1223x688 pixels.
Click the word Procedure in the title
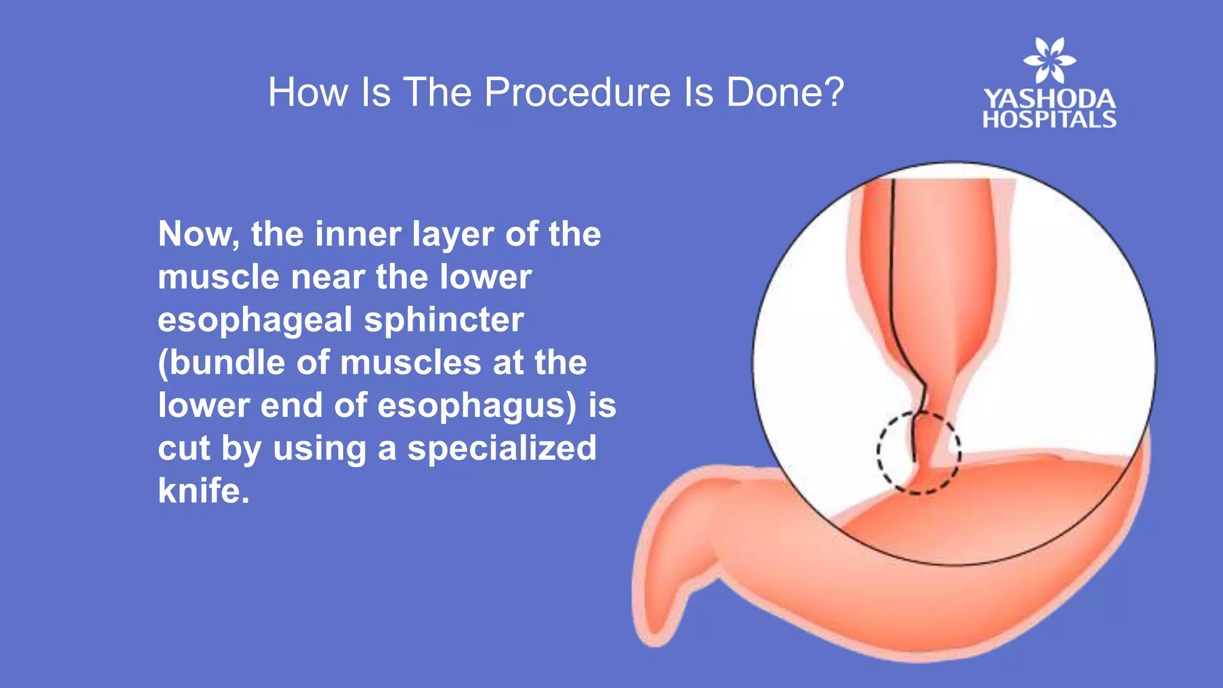577,93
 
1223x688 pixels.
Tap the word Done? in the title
785,93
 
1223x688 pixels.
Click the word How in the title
308,93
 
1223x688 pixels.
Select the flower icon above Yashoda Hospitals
1049,60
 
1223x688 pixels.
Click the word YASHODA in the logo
1049,99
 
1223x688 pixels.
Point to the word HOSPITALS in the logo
1049,119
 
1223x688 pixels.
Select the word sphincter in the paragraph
444,320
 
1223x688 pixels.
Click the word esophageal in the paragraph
255,320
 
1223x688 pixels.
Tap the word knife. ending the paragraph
204,491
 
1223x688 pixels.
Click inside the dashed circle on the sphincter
919,452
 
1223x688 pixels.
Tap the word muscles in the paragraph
410,363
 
